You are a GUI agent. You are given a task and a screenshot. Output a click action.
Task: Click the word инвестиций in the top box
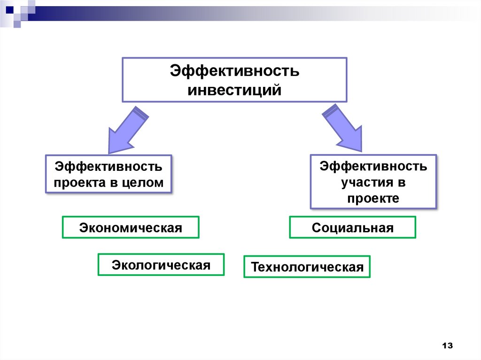tap(234, 89)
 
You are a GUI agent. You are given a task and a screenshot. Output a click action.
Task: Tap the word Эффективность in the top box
tap(234, 72)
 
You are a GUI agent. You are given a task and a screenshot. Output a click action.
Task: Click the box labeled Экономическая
tap(131, 228)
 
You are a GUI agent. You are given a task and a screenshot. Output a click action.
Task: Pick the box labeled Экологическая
tap(161, 265)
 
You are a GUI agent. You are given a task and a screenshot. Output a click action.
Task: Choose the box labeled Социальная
tap(352, 228)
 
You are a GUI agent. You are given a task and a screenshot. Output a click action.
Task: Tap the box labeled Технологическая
tap(307, 267)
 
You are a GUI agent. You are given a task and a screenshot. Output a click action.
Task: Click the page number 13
tap(447, 345)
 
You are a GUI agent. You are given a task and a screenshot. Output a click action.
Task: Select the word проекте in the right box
tap(373, 198)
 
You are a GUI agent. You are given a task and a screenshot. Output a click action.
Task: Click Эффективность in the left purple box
tap(109, 166)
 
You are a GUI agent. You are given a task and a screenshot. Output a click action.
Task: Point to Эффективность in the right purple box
tap(373, 166)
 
